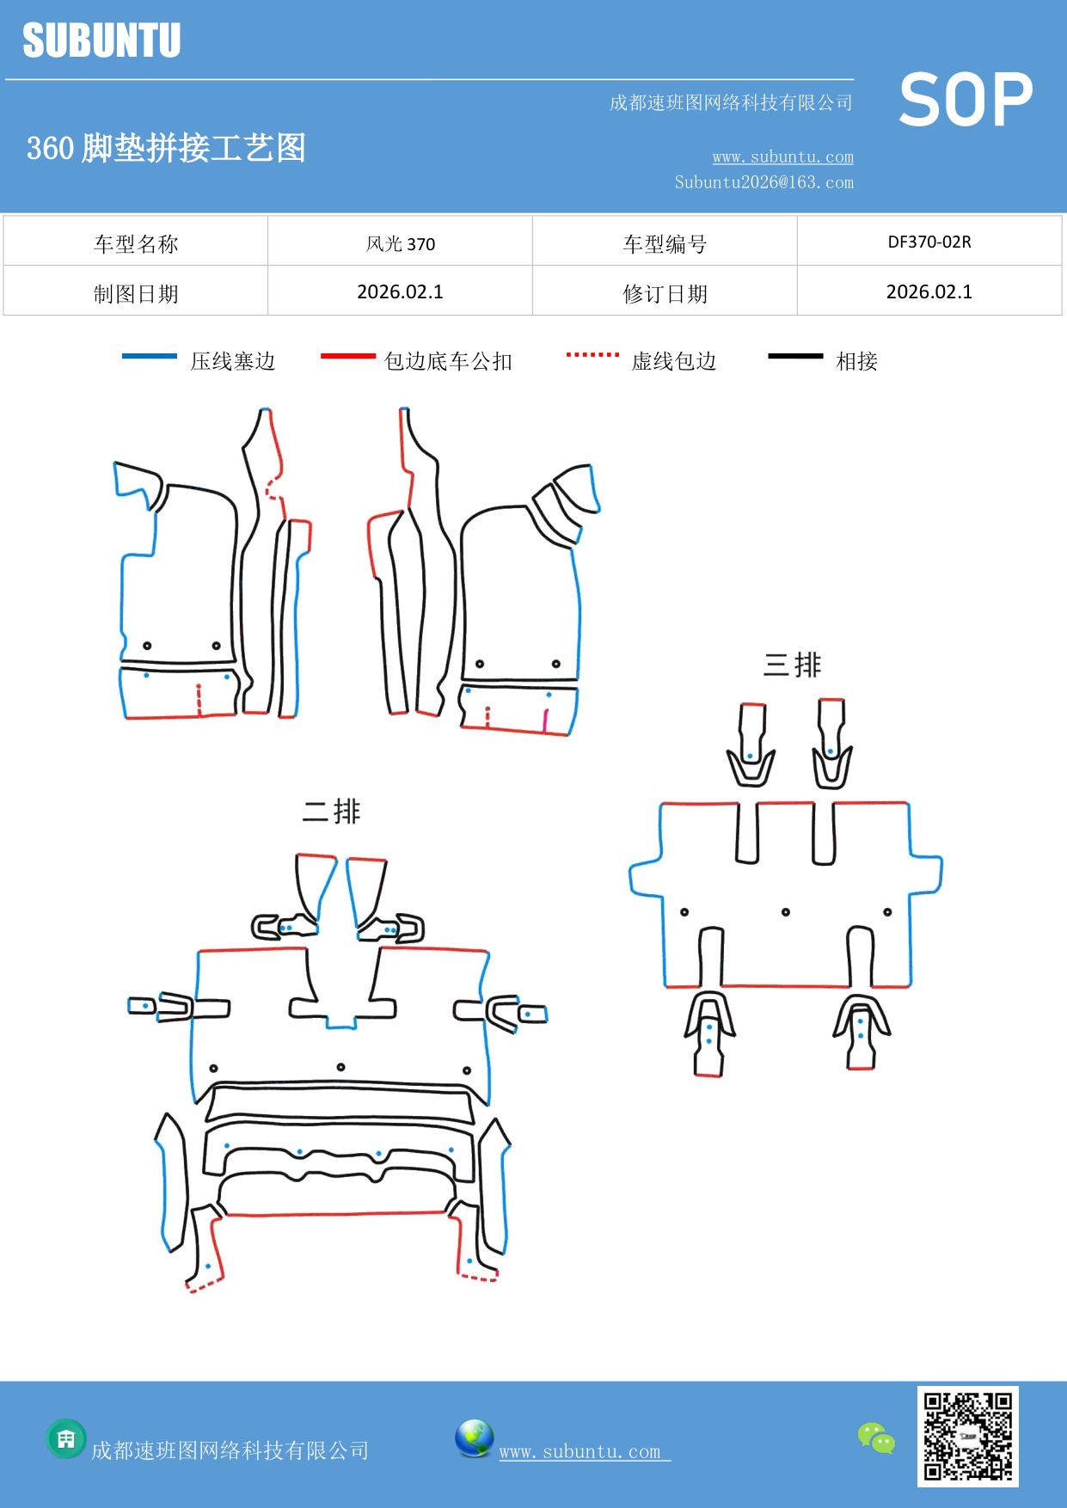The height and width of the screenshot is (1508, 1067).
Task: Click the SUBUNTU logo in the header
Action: tap(101, 40)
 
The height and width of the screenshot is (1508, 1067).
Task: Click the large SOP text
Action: tap(966, 100)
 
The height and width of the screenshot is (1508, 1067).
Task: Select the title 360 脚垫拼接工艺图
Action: tap(166, 148)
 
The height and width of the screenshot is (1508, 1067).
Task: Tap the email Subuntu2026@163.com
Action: tap(763, 182)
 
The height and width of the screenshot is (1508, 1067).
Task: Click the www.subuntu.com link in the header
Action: tap(782, 156)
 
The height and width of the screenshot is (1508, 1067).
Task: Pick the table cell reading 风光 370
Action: tap(400, 243)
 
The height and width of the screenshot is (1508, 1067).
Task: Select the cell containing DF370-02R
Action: tap(929, 242)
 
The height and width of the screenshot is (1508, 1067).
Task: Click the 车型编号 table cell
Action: tap(665, 244)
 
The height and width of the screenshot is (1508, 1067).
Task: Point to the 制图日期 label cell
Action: tap(136, 294)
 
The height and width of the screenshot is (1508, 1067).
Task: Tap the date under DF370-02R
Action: tap(929, 291)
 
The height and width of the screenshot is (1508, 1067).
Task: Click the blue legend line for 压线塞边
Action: tap(150, 356)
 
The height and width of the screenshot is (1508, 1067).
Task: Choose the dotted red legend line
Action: tap(592, 354)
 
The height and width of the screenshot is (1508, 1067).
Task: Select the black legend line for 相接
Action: tap(795, 356)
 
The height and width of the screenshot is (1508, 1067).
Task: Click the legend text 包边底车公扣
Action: tap(448, 361)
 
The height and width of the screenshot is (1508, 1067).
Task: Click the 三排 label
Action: tap(792, 665)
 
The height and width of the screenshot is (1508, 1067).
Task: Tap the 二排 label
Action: tap(331, 811)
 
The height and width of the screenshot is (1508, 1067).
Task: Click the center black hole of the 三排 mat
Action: tap(786, 912)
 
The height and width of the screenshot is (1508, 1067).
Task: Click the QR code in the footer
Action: tap(967, 1436)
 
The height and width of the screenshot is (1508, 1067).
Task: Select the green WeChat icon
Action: tap(876, 1438)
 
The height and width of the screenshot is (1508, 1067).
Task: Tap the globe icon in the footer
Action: tap(474, 1438)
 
